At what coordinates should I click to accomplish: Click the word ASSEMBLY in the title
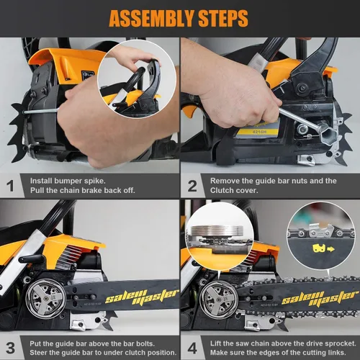pos(151,18)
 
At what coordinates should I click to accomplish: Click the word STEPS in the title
pos(223,18)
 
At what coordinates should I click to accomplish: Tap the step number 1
pos(10,186)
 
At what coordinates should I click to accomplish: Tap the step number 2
pos(192,186)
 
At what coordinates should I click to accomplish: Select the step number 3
pos(10,348)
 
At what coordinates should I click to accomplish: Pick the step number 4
pos(192,348)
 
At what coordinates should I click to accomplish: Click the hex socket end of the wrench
pos(326,135)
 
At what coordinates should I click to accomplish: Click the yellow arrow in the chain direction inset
pos(330,249)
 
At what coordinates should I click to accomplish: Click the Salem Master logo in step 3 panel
pos(142,297)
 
